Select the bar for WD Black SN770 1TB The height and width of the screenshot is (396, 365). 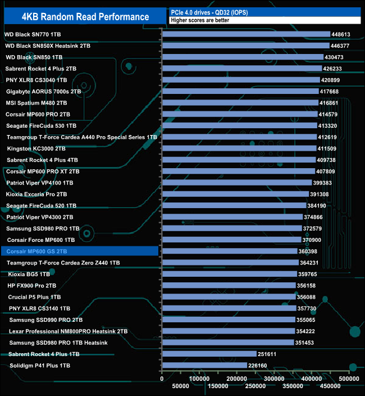[246, 34]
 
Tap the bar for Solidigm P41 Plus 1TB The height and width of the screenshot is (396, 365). [204, 366]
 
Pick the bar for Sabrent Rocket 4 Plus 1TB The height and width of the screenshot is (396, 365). [209, 354]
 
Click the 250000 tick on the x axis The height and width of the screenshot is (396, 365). [255, 386]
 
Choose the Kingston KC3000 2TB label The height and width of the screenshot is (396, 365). [36, 148]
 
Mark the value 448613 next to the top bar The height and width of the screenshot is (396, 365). [344, 34]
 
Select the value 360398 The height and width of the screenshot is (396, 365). [312, 251]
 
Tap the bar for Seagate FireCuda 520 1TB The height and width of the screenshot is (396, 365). [234, 205]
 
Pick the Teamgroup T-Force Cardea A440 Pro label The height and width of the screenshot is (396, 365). [81, 137]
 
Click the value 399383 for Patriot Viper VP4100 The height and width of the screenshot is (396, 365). [326, 183]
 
